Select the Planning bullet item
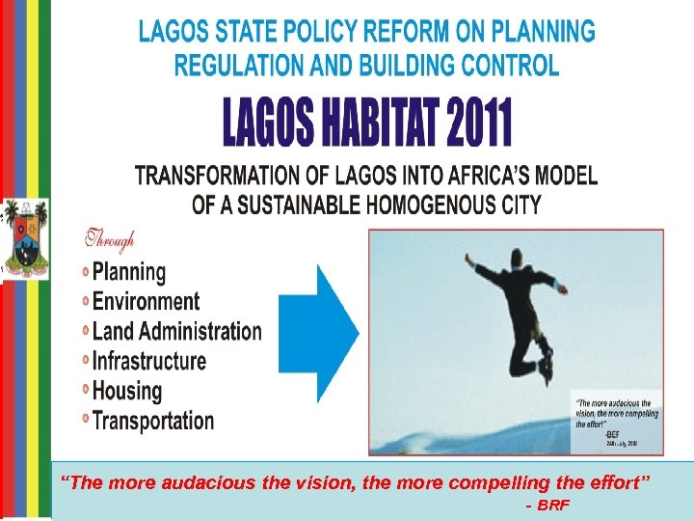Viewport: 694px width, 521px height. tap(128, 273)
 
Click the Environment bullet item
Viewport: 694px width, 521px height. tap(146, 302)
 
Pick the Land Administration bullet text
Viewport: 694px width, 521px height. tap(176, 331)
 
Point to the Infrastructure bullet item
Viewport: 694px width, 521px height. tap(148, 361)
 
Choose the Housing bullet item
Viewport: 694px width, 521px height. tap(126, 391)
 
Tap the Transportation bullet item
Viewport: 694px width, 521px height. tap(152, 421)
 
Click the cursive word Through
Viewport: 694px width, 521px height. tap(109, 238)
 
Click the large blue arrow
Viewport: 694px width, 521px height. tap(327, 333)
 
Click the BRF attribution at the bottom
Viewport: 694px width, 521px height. tap(554, 506)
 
